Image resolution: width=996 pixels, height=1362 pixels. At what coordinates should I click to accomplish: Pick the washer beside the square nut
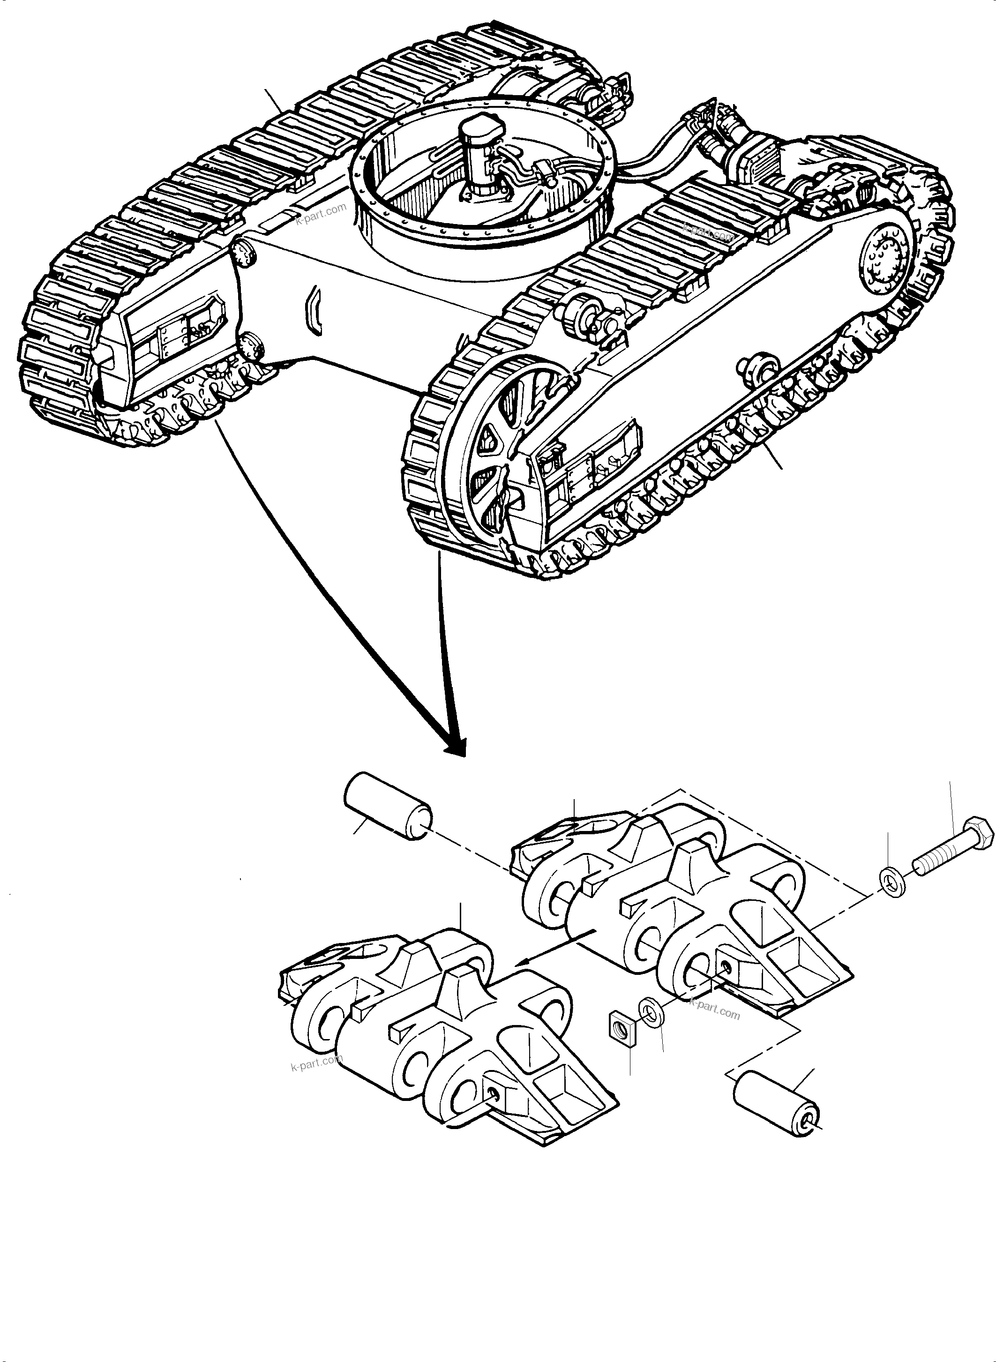click(651, 1010)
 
